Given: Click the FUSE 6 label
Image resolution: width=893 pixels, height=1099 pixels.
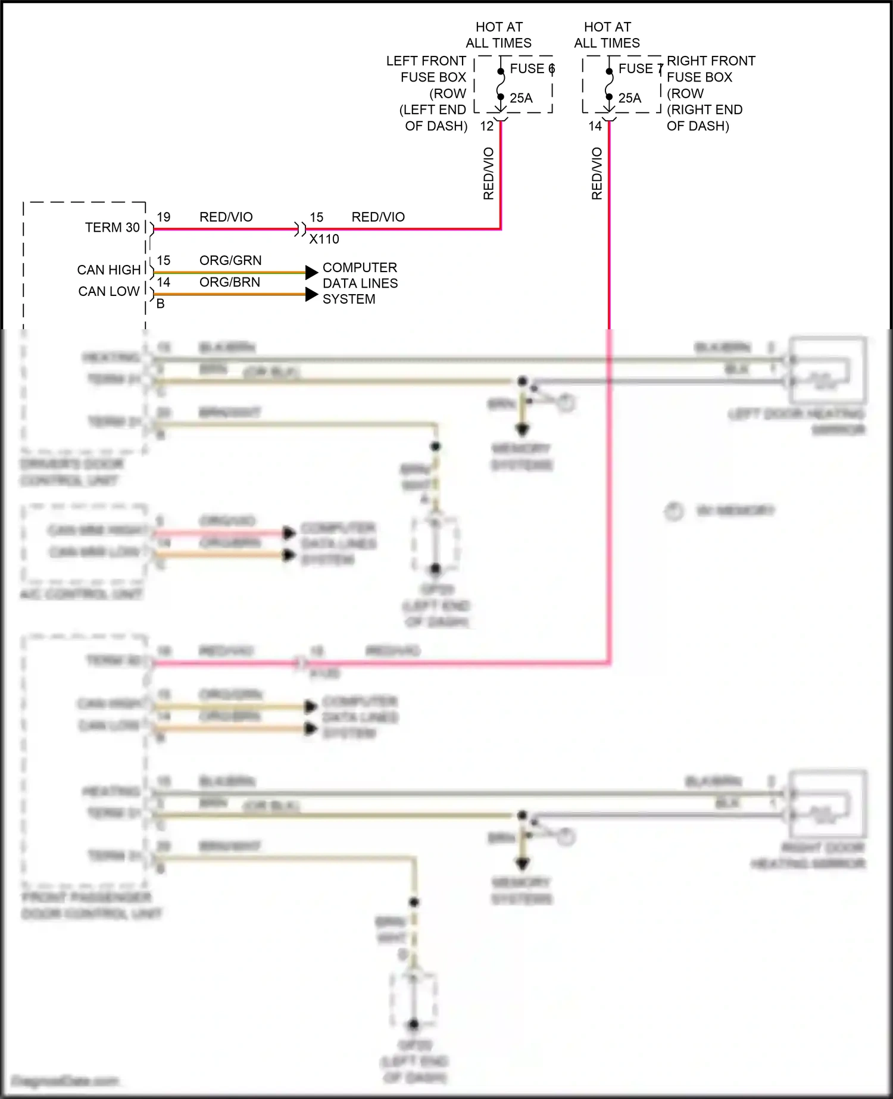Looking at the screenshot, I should (x=531, y=69).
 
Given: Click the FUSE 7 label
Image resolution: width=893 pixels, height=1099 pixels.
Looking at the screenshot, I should (x=640, y=69).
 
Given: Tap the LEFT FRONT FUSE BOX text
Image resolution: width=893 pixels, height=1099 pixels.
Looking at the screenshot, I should (x=426, y=69).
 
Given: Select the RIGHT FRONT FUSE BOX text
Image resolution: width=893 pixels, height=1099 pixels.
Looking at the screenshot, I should (x=710, y=69).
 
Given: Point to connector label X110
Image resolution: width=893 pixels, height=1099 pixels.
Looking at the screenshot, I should (x=324, y=239).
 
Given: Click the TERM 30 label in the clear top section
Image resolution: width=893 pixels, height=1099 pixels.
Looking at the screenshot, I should (x=112, y=228).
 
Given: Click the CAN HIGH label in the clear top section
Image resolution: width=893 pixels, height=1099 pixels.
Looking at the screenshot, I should (x=108, y=270).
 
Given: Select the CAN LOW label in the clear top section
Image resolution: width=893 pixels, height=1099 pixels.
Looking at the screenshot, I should (x=108, y=292).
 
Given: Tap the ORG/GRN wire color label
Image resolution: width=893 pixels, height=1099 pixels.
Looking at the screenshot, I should (x=230, y=261).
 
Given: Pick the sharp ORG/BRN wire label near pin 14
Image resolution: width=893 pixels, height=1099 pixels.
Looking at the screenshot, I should (x=230, y=282).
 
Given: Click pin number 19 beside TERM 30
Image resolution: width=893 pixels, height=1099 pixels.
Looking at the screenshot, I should (x=164, y=217).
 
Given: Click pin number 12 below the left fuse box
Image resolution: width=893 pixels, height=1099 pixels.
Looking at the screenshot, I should (x=487, y=126).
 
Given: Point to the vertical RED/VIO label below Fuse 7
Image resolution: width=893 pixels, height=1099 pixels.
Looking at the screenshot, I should (x=597, y=173).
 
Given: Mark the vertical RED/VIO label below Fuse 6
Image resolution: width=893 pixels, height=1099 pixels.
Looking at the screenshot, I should (x=489, y=173).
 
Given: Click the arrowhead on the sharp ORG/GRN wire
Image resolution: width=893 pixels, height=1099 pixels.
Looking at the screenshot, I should (x=311, y=273).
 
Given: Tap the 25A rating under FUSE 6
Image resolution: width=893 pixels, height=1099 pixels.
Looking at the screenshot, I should (x=521, y=98).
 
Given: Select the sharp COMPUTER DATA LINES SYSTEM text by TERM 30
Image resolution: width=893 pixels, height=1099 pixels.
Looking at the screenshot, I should (x=360, y=283).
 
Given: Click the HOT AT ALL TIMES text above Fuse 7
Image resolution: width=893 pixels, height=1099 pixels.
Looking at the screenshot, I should (x=607, y=35).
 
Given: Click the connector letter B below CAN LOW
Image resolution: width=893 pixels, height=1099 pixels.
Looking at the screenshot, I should (x=160, y=304).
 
